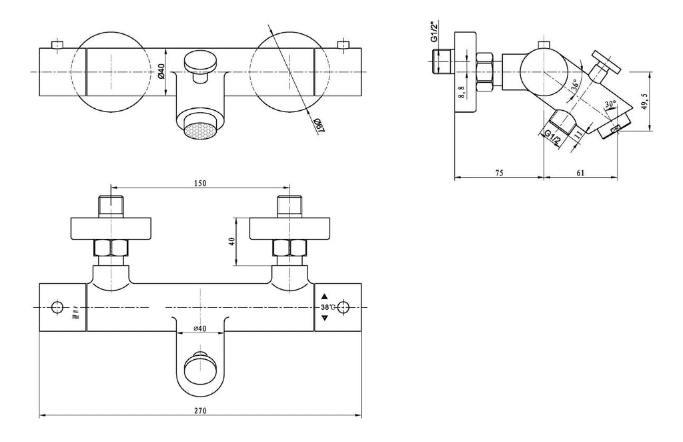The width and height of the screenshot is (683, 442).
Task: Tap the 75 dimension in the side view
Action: (498, 172)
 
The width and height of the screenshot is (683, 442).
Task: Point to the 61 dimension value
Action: (580, 172)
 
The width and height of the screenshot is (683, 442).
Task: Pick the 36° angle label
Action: (575, 86)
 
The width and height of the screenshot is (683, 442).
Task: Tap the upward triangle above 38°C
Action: (325, 296)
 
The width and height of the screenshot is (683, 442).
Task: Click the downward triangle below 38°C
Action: (325, 318)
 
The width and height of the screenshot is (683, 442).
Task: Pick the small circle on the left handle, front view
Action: (56, 307)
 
